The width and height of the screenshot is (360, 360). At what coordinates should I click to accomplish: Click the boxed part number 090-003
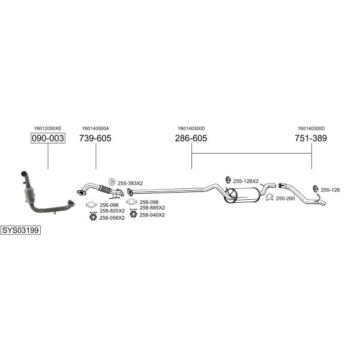(x=48, y=138)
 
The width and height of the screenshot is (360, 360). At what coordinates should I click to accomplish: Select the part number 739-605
(x=95, y=138)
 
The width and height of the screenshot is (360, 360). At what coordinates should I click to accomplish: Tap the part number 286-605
(x=191, y=138)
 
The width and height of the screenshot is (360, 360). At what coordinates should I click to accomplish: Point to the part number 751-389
(x=311, y=138)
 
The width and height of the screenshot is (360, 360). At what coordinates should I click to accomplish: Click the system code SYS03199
(x=20, y=230)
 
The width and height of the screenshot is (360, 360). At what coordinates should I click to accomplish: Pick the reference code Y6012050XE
(x=48, y=128)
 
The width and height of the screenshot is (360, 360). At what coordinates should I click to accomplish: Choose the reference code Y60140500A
(x=95, y=128)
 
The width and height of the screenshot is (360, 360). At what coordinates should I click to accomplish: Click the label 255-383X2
(x=130, y=183)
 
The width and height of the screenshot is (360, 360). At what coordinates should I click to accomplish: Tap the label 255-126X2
(x=246, y=181)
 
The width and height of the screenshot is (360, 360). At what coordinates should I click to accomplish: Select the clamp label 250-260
(x=286, y=199)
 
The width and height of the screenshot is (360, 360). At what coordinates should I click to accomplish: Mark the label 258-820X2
(x=112, y=211)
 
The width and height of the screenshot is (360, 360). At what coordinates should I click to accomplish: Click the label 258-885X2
(x=152, y=208)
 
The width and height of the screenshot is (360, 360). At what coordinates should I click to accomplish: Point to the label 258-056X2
(x=112, y=218)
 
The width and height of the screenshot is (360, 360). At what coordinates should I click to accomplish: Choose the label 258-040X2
(x=152, y=215)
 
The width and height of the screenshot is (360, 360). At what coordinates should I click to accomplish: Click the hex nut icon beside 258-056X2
(x=93, y=217)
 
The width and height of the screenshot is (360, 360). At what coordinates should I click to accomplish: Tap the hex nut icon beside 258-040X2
(x=133, y=214)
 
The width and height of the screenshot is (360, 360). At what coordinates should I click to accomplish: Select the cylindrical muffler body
(x=242, y=195)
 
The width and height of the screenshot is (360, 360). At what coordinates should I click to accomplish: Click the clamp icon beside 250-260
(x=269, y=197)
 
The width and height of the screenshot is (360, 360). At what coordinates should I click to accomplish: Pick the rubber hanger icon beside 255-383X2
(x=112, y=182)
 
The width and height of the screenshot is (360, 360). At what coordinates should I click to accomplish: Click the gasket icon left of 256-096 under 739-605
(x=91, y=204)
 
